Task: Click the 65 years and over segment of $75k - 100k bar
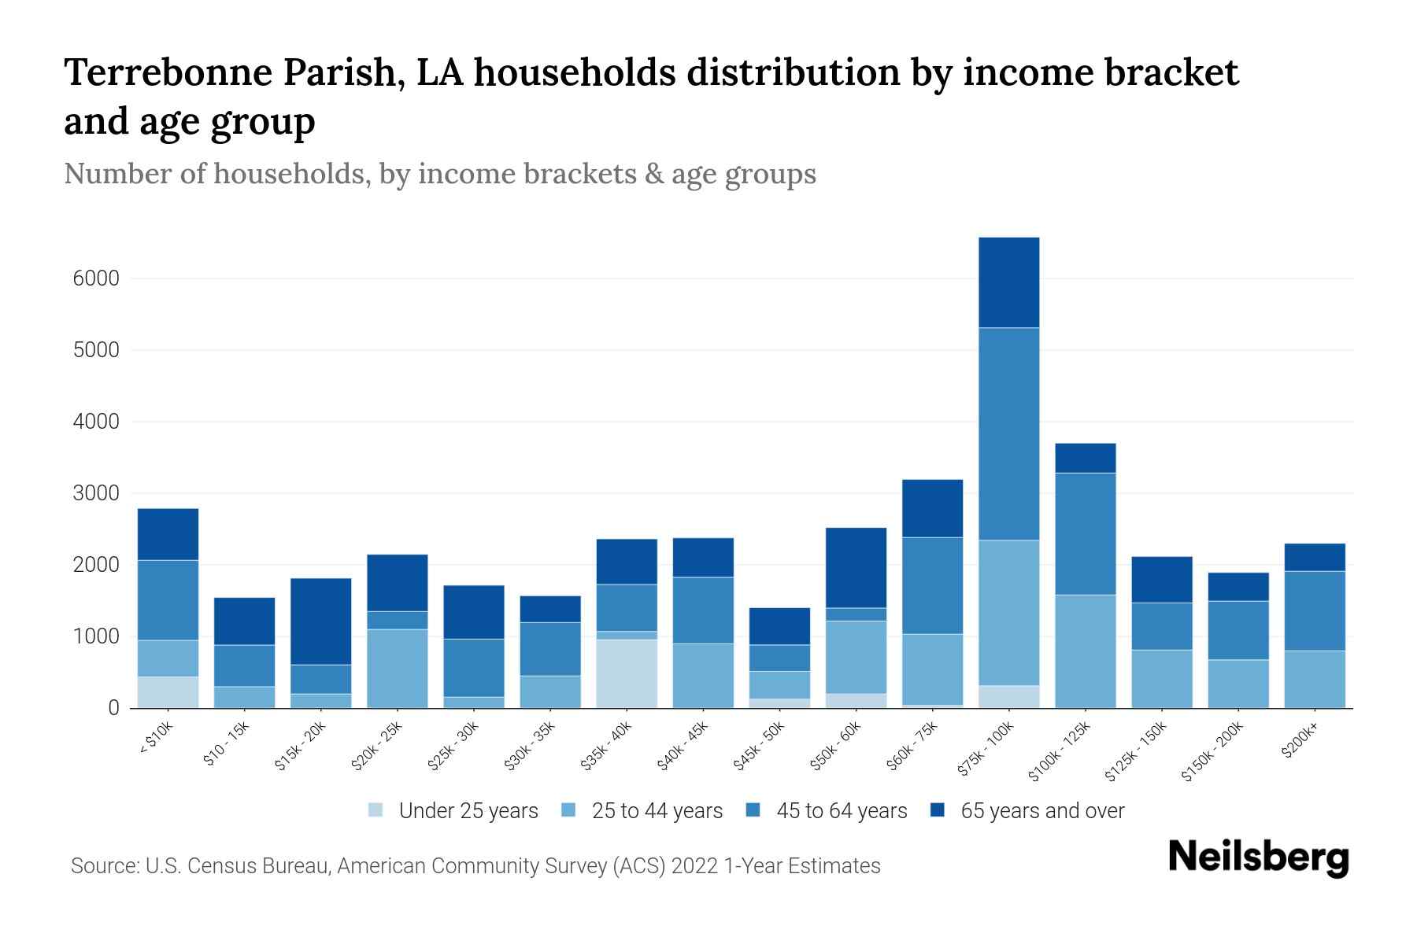pyautogui.click(x=1008, y=282)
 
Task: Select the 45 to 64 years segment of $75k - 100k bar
pyautogui.click(x=1008, y=433)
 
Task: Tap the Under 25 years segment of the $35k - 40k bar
pyautogui.click(x=627, y=673)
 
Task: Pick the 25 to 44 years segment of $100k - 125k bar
pyautogui.click(x=1085, y=651)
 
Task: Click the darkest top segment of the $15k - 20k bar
pyautogui.click(x=321, y=621)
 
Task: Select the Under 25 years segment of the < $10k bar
pyautogui.click(x=168, y=692)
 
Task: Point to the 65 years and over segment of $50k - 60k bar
pyautogui.click(x=856, y=568)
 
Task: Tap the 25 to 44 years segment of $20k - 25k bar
pyautogui.click(x=398, y=669)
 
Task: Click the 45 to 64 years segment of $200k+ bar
pyautogui.click(x=1315, y=611)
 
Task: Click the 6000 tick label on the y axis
pyautogui.click(x=96, y=278)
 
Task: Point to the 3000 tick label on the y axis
pyautogui.click(x=96, y=493)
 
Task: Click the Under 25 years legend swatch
pyautogui.click(x=376, y=810)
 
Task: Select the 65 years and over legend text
pyautogui.click(x=1042, y=811)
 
